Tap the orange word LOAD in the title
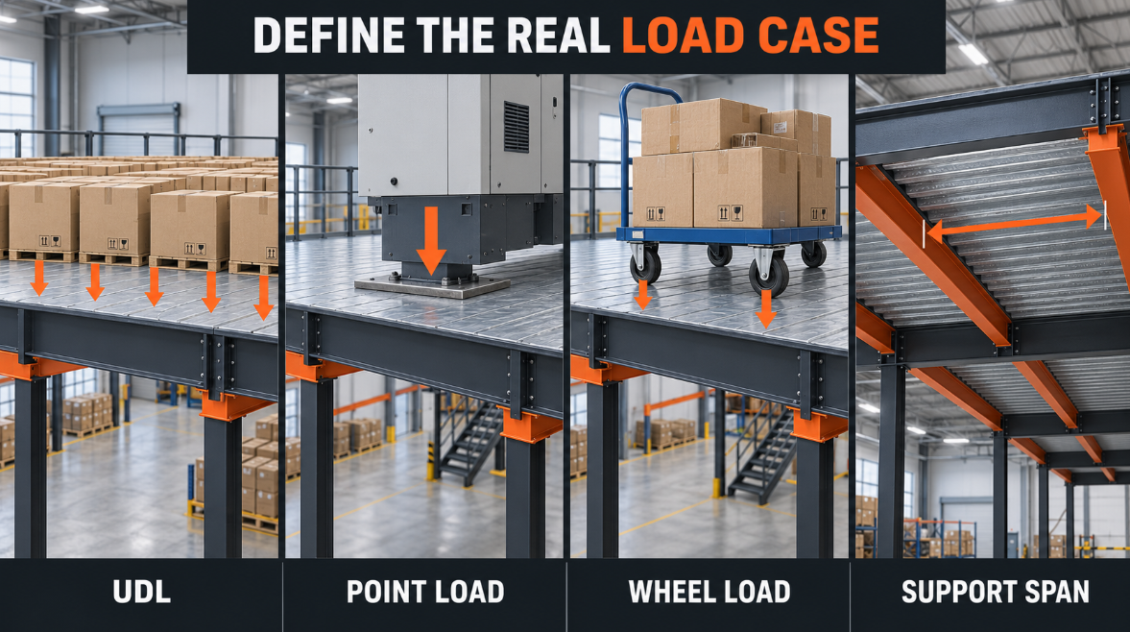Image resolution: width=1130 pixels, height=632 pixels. [683, 36]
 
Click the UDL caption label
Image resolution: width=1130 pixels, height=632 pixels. [142, 593]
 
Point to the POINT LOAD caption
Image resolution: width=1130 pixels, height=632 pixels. [425, 593]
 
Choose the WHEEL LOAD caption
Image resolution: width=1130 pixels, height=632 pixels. [709, 593]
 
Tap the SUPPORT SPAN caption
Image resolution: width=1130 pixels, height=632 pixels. [996, 593]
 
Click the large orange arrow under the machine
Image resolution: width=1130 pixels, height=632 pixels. [431, 239]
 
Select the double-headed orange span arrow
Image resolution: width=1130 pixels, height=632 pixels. [1016, 224]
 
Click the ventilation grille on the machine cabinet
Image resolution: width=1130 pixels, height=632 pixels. [516, 127]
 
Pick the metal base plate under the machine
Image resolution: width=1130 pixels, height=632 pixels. [432, 287]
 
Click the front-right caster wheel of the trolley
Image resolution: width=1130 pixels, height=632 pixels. [769, 273]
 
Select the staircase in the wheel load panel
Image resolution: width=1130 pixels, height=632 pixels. [760, 454]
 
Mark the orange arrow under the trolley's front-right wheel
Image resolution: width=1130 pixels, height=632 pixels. [766, 309]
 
